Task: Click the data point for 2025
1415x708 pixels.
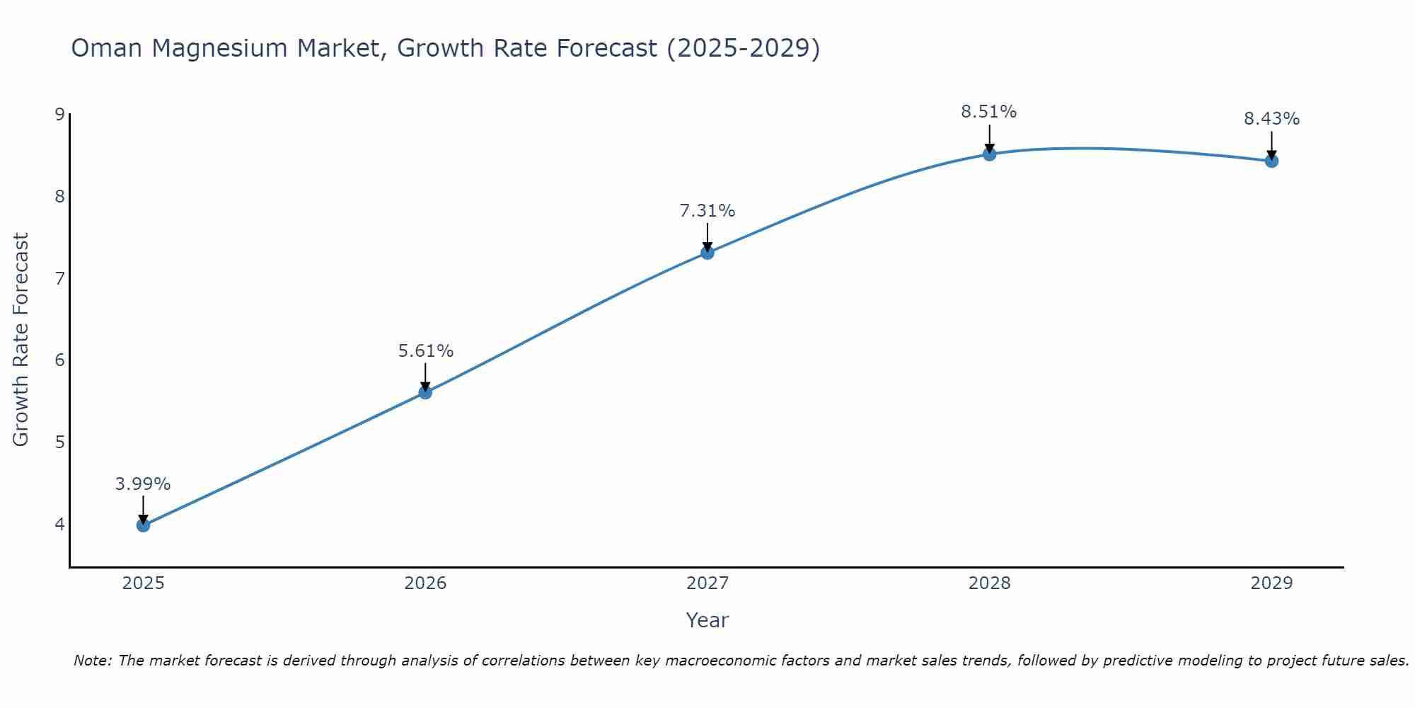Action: (x=143, y=525)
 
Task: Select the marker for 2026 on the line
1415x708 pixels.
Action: (x=425, y=392)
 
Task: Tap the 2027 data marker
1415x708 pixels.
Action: (x=707, y=253)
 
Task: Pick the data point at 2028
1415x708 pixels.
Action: (x=989, y=154)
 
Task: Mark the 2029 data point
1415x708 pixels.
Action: (x=1271, y=161)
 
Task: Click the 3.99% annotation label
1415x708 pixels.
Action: (x=143, y=484)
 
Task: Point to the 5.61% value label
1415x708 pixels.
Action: (x=425, y=351)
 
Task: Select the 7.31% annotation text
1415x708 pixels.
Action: (x=707, y=211)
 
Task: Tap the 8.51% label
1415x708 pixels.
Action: (x=988, y=112)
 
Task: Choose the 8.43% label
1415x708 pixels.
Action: (x=1271, y=119)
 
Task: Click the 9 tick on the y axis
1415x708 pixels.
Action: (x=59, y=115)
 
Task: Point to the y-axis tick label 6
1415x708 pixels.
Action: (x=59, y=360)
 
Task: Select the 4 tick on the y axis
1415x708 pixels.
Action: (x=59, y=525)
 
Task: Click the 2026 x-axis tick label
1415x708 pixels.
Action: (x=425, y=583)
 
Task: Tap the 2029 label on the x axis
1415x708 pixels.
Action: (x=1271, y=583)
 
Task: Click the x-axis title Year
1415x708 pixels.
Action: (x=707, y=620)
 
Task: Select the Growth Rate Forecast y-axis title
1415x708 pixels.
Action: (x=21, y=340)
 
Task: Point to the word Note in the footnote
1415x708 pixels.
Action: (x=92, y=661)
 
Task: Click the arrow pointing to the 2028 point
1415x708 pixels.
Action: (x=989, y=138)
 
